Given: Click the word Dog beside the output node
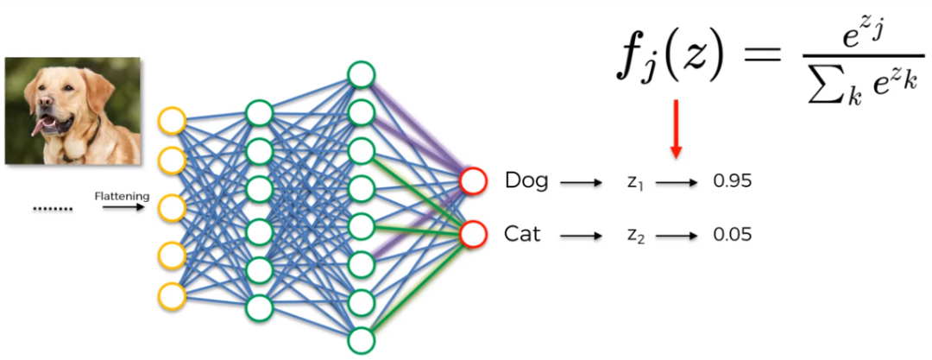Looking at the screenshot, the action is [526, 181].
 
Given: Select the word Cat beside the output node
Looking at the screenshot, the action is [522, 235].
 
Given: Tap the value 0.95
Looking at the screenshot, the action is [733, 181].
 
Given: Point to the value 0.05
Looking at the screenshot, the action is [733, 235].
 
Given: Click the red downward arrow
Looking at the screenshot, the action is [675, 129].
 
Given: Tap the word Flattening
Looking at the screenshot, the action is [122, 196].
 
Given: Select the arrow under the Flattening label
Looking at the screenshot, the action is [123, 208].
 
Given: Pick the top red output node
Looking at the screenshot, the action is [473, 180].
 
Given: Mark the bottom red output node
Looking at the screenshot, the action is [473, 234].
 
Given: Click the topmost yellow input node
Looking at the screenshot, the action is [173, 122].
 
